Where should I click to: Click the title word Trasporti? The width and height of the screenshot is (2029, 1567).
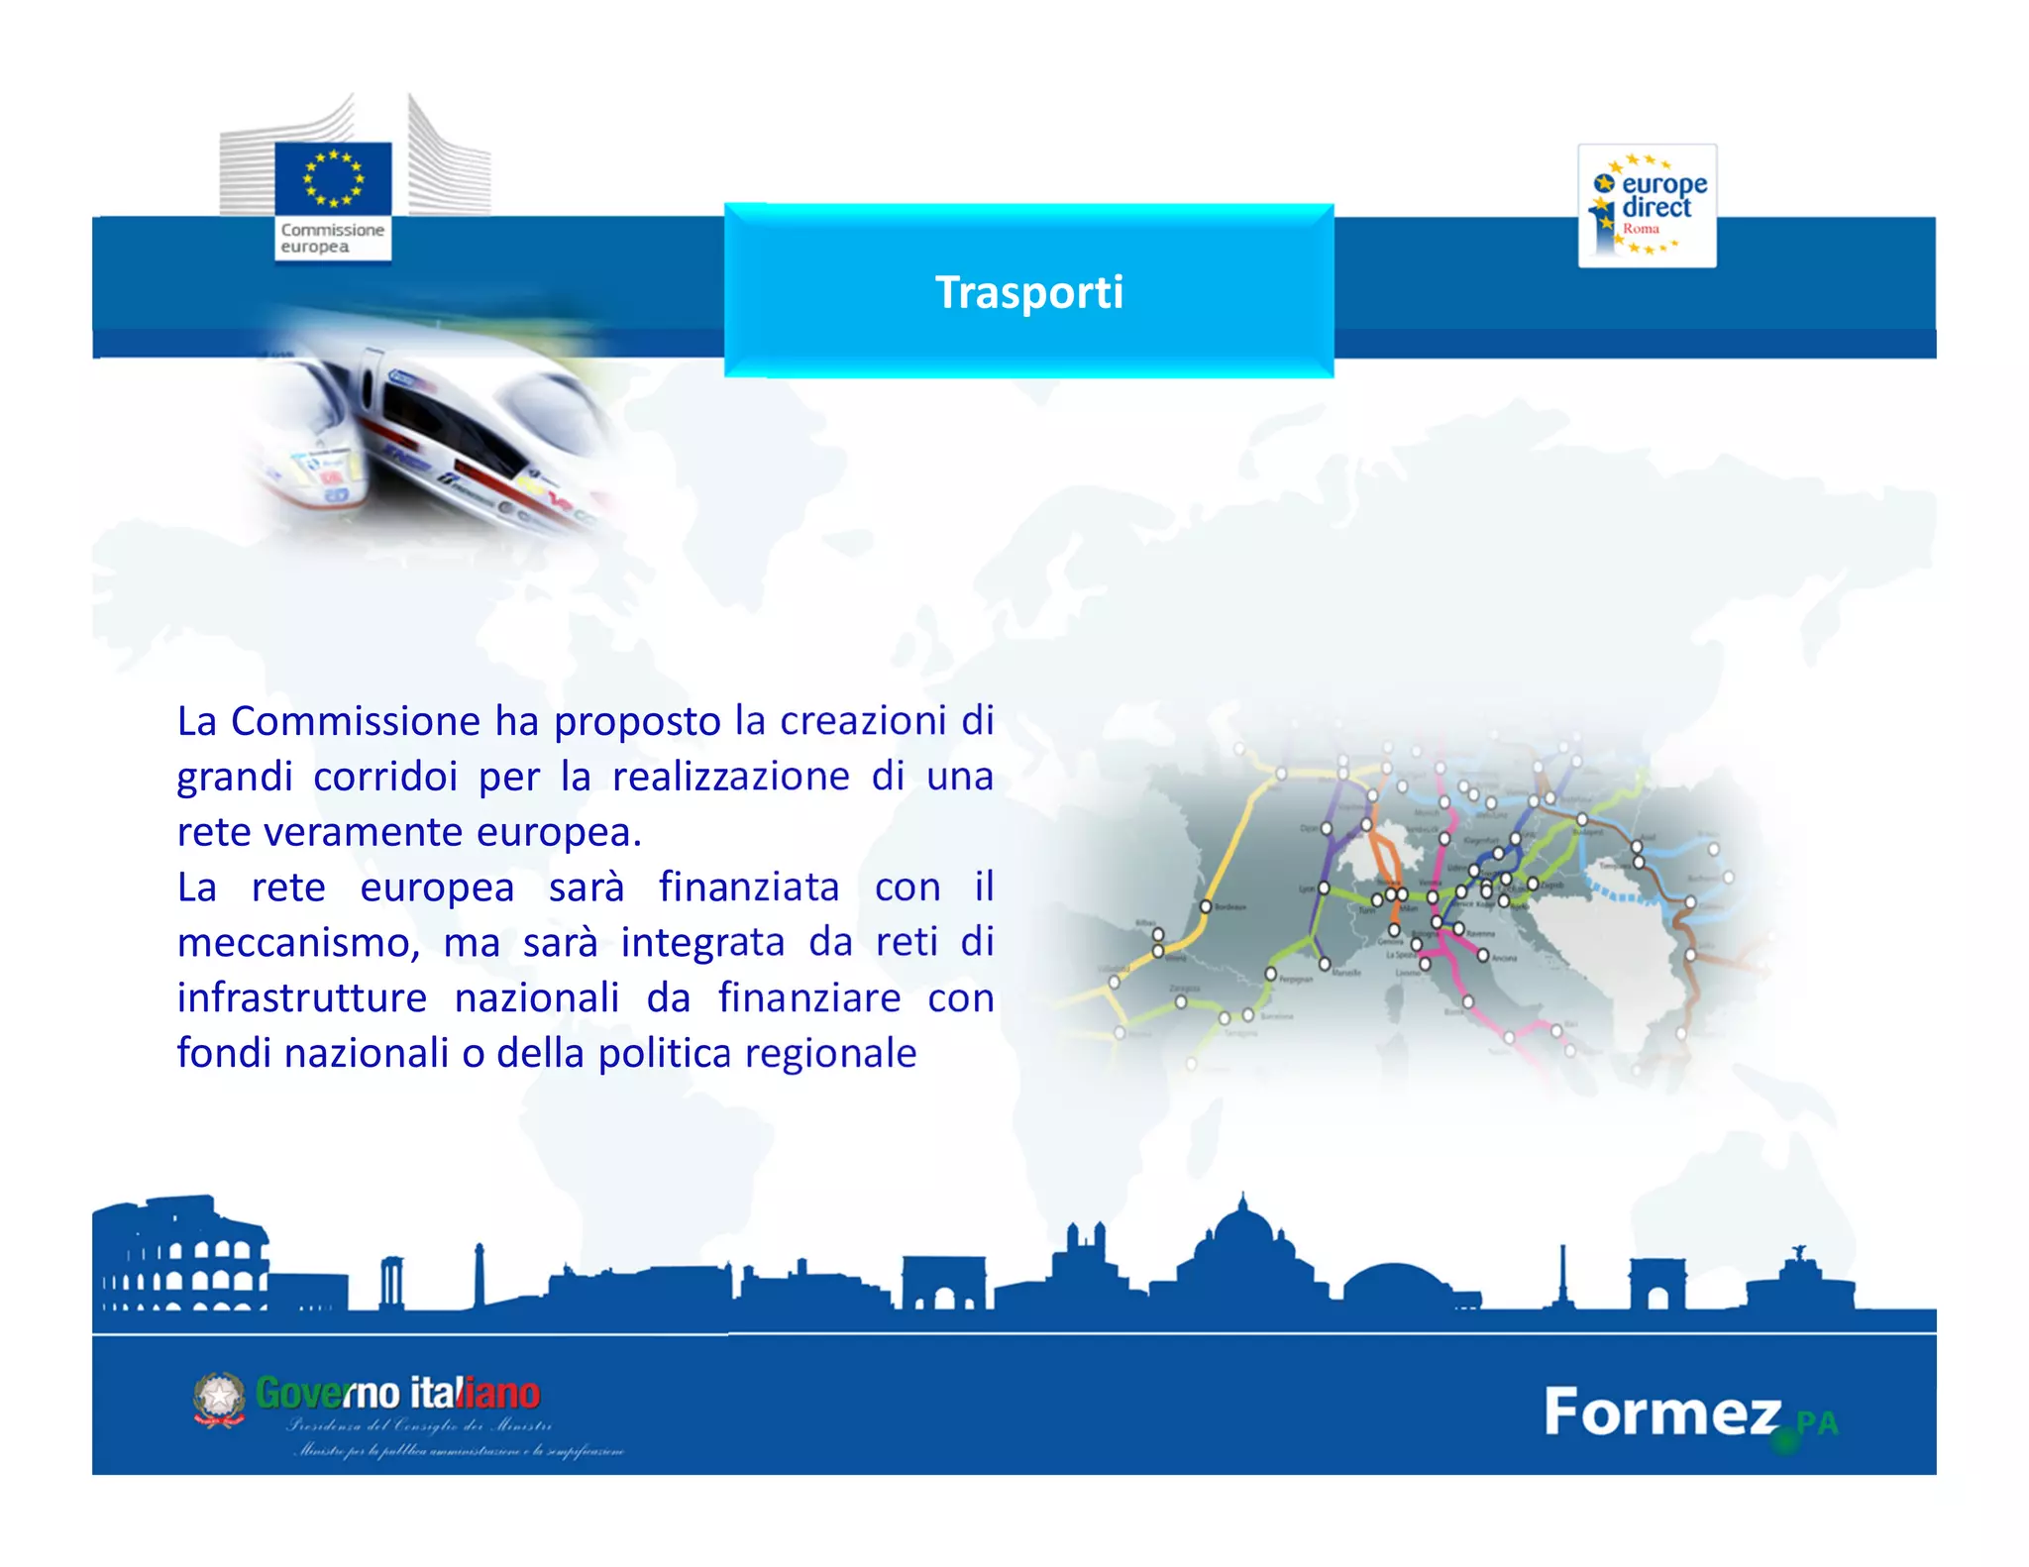point(1029,292)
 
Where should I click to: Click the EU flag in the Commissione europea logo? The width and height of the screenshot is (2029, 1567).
point(333,178)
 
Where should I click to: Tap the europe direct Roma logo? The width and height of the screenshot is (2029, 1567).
point(1647,206)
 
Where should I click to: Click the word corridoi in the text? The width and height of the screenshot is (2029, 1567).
point(385,777)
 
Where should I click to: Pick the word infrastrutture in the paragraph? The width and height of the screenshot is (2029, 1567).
point(302,998)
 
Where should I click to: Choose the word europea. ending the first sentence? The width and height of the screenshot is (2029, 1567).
point(560,832)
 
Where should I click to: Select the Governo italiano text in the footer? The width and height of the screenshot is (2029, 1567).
point(397,1394)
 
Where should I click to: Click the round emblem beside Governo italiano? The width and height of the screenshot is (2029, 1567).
point(219,1399)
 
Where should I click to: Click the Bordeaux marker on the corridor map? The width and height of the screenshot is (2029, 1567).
point(1206,906)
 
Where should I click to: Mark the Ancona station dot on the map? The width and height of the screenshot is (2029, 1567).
point(1483,955)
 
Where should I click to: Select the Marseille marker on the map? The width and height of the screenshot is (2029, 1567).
point(1325,964)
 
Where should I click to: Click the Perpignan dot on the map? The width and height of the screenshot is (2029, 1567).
point(1270,975)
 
